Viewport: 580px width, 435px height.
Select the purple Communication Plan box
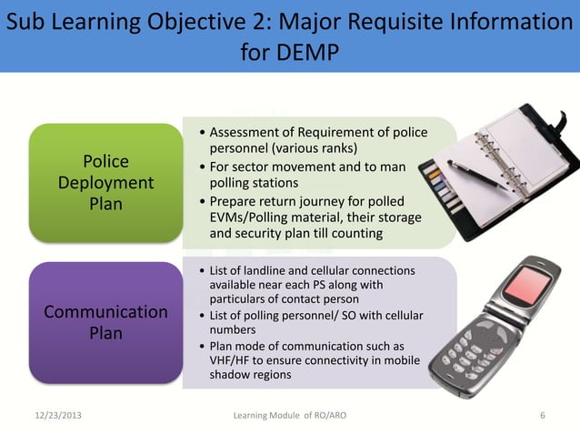105,323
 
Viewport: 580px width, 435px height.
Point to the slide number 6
543,416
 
